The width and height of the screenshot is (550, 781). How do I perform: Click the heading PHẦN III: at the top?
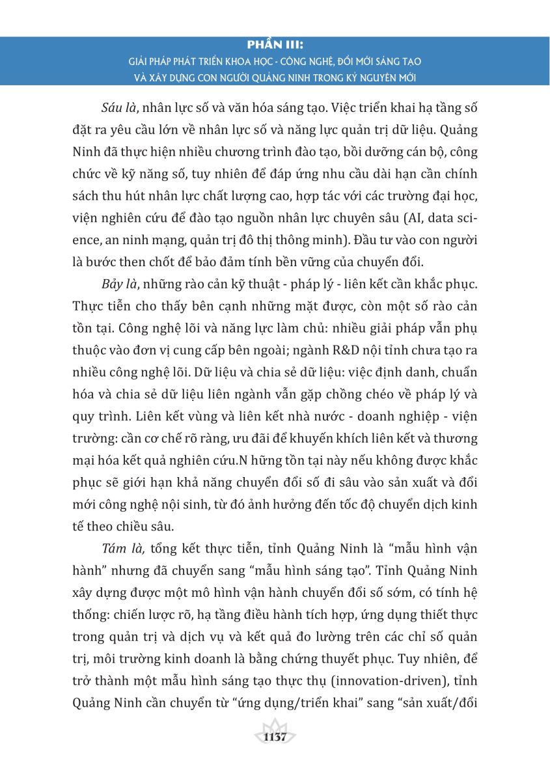pos(275,46)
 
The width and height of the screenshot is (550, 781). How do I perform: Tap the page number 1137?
pos(275,737)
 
